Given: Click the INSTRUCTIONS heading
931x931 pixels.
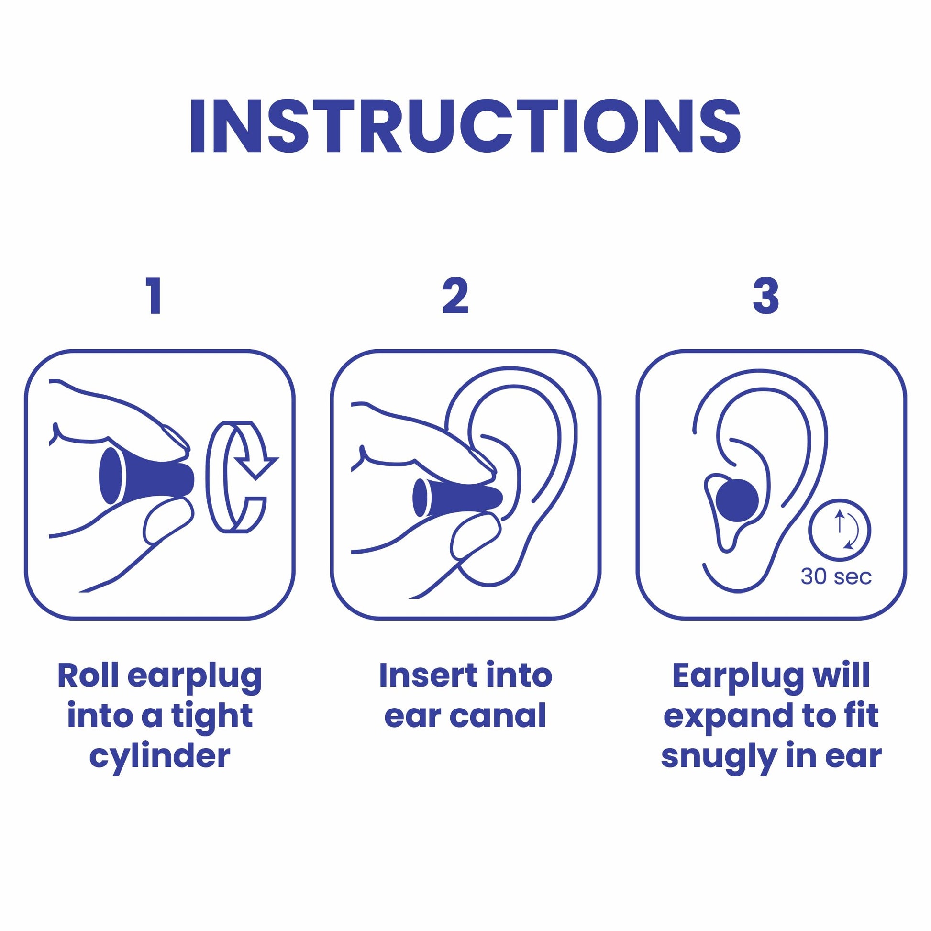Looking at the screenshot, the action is click(465, 126).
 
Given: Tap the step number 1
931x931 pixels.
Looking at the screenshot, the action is click(155, 295).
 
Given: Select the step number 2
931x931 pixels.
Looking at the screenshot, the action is click(455, 295).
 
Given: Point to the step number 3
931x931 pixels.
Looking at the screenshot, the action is click(766, 295).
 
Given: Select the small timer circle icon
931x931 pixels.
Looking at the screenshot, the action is click(840, 531).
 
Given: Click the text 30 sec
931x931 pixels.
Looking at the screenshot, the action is click(836, 577).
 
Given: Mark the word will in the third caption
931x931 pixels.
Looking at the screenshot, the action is click(842, 676).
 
